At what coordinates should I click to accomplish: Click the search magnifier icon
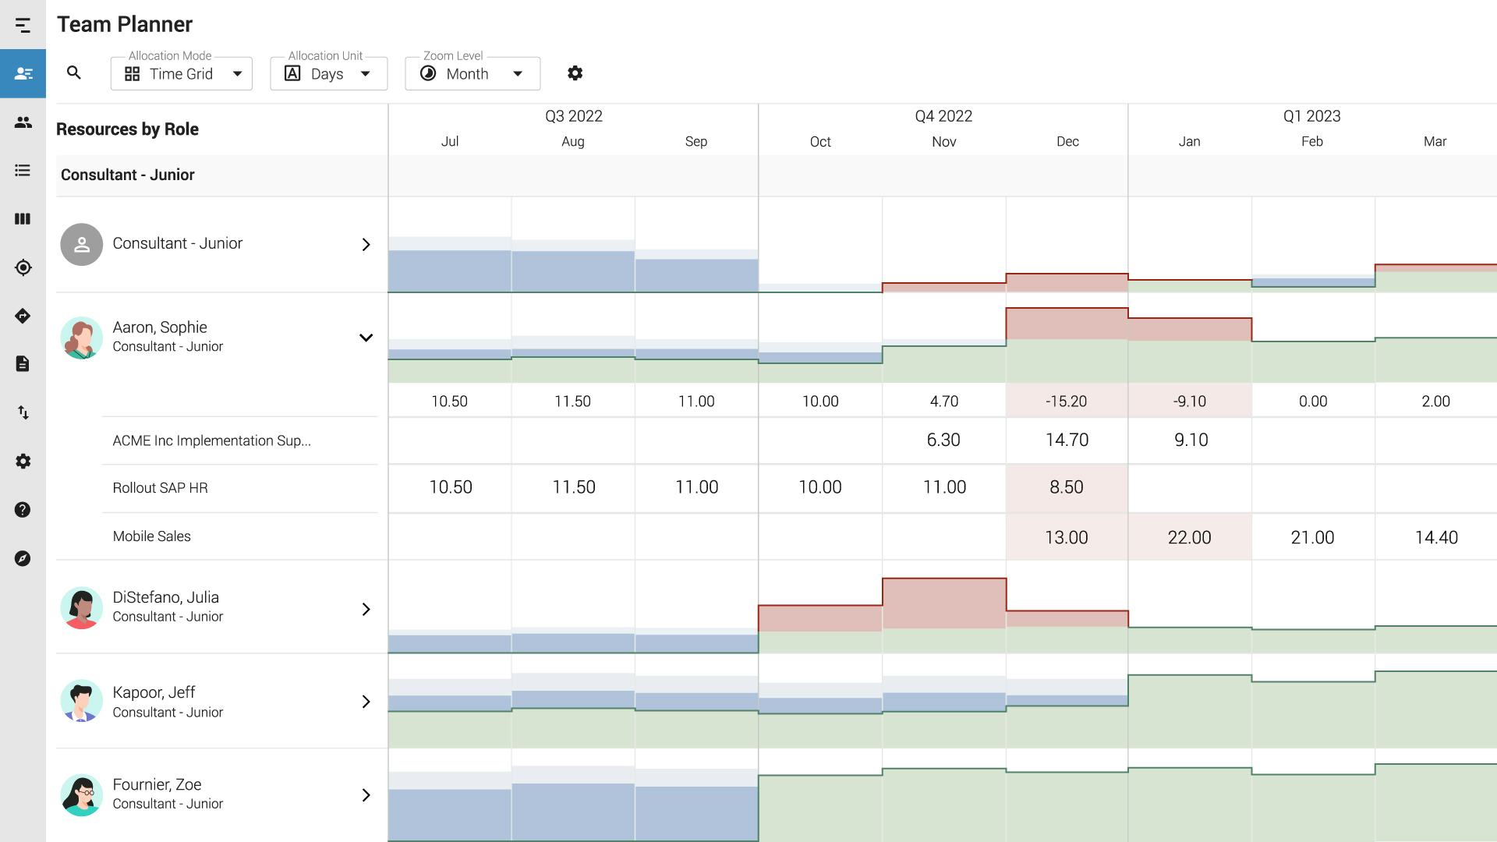pyautogui.click(x=74, y=73)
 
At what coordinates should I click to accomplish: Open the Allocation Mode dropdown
pyautogui.click(x=182, y=74)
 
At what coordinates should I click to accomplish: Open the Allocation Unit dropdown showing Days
pyautogui.click(x=328, y=74)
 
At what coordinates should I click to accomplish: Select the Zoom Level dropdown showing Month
pyautogui.click(x=472, y=74)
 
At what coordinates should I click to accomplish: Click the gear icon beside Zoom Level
pyautogui.click(x=575, y=73)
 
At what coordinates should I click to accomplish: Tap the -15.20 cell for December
pyautogui.click(x=1066, y=402)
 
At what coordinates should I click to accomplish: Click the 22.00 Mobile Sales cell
pyautogui.click(x=1189, y=537)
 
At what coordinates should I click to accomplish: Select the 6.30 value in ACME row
pyautogui.click(x=943, y=440)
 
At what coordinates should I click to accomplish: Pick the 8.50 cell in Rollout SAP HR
pyautogui.click(x=1066, y=487)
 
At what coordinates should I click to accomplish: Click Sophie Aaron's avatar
pyautogui.click(x=81, y=338)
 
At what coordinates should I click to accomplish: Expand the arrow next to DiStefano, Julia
pyautogui.click(x=366, y=609)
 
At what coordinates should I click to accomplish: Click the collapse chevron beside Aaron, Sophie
pyautogui.click(x=366, y=338)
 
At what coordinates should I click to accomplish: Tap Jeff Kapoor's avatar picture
pyautogui.click(x=81, y=701)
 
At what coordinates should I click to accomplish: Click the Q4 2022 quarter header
pyautogui.click(x=943, y=116)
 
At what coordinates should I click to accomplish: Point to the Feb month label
pyautogui.click(x=1311, y=142)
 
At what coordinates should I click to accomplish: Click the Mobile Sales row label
pyautogui.click(x=152, y=536)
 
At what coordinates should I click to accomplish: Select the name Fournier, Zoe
pyautogui.click(x=157, y=784)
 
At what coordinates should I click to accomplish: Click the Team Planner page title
pyautogui.click(x=125, y=24)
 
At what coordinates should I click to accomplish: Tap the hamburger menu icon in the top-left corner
pyautogui.click(x=23, y=26)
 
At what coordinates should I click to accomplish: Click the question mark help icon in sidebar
pyautogui.click(x=23, y=510)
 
